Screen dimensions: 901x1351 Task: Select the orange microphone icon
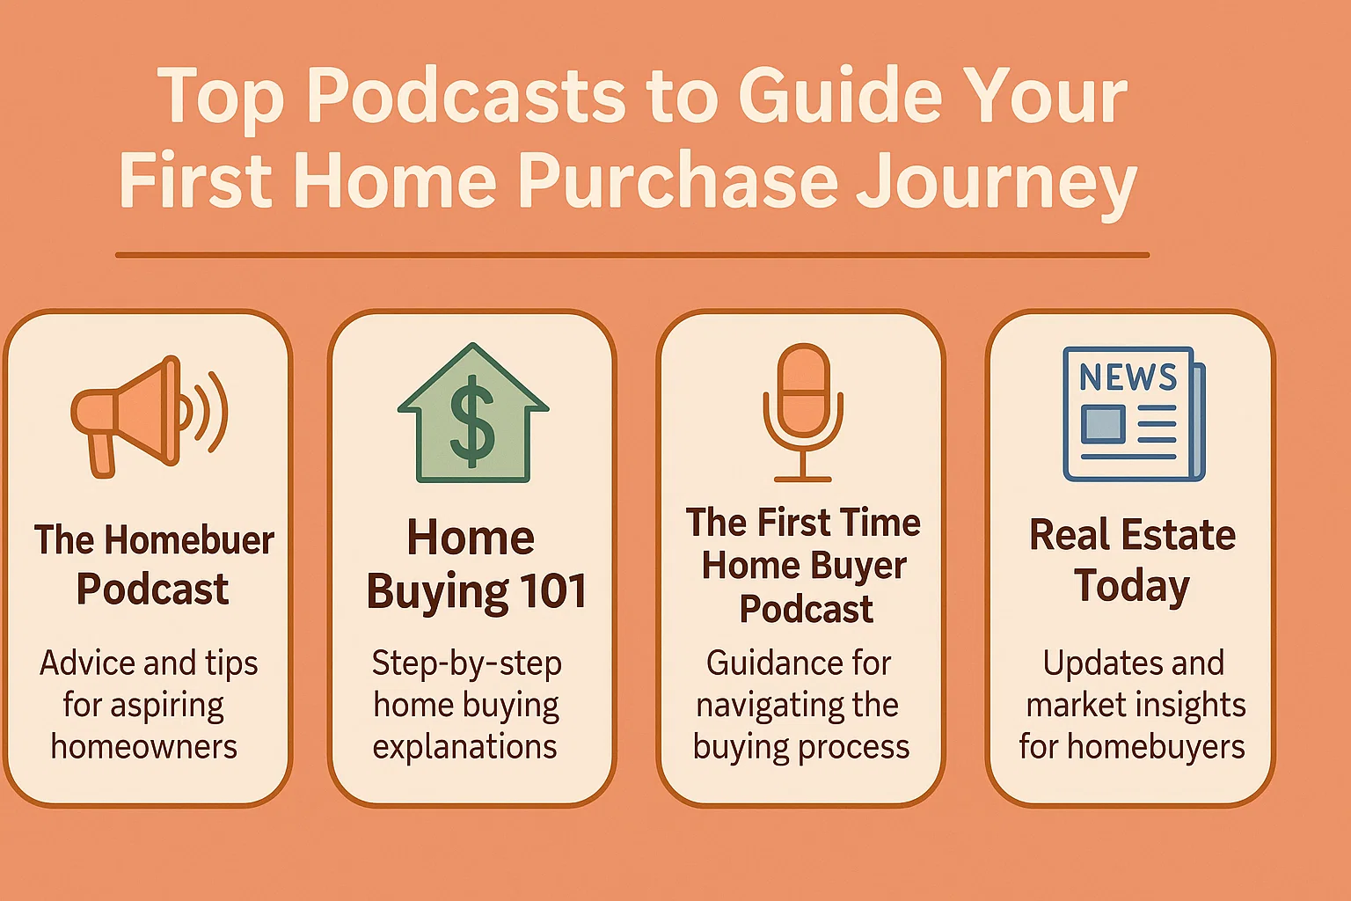pyautogui.click(x=802, y=412)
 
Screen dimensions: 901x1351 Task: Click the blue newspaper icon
pyautogui.click(x=1133, y=414)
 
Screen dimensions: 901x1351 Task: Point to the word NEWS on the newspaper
pyautogui.click(x=1128, y=377)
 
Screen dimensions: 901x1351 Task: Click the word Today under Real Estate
pyautogui.click(x=1132, y=586)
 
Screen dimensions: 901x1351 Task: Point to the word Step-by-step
pyautogui.click(x=466, y=663)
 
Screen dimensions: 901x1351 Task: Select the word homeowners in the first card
pyautogui.click(x=144, y=746)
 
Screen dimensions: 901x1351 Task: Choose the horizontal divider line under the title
pyautogui.click(x=632, y=255)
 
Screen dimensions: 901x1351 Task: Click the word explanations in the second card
pyautogui.click(x=464, y=746)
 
